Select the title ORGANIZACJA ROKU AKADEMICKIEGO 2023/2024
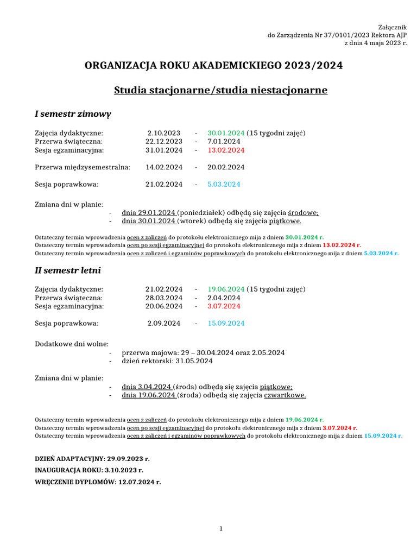tap(213, 66)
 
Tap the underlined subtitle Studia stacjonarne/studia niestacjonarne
tap(220, 90)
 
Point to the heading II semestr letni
tap(68, 270)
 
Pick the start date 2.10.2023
tap(164, 133)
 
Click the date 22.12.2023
tap(164, 142)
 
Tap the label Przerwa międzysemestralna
tap(83, 167)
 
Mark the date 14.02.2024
tap(164, 167)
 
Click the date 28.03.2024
tap(164, 298)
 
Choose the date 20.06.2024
tap(164, 306)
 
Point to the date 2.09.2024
tap(164, 324)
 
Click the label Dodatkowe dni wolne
tap(72, 344)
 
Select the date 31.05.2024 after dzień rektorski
tap(194, 361)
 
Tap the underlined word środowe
tap(303, 213)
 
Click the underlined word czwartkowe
tap(285, 395)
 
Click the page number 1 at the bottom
tap(221, 529)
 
